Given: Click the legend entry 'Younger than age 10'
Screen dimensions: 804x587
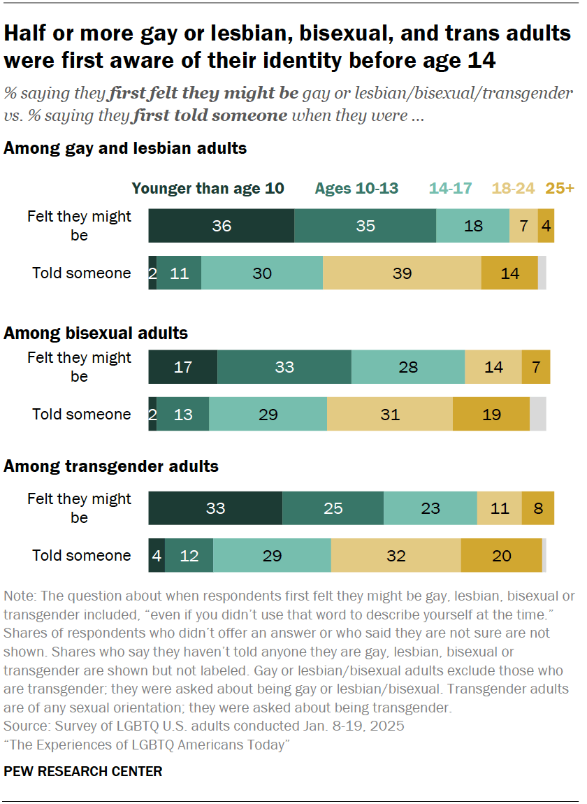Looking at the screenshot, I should [x=208, y=188].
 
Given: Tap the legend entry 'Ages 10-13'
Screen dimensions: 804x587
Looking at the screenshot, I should [x=356, y=188].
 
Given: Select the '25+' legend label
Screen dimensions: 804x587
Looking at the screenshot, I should [x=560, y=188].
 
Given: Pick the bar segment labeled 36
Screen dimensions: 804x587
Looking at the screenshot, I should [x=221, y=226].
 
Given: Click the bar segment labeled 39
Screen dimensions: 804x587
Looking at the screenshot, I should [x=402, y=273].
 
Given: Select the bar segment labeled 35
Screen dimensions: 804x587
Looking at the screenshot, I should [x=365, y=226].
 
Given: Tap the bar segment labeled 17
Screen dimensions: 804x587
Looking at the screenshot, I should [x=182, y=367].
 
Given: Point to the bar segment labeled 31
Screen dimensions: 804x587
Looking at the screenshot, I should [x=389, y=414].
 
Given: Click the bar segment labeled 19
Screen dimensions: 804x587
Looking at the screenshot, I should [x=491, y=414].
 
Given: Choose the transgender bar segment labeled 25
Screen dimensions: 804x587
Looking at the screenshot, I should [x=333, y=508].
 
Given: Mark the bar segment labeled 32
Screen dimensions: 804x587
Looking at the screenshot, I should [x=396, y=555].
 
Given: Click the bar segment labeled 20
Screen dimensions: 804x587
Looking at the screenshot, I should [x=501, y=555].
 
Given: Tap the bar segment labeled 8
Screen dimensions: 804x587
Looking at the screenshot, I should [x=537, y=508].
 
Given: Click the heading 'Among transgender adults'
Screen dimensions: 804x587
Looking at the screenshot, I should [x=111, y=466].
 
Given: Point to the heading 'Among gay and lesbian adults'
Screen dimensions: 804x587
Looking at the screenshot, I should [x=125, y=148].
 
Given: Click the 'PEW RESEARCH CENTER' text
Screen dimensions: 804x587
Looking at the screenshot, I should [x=83, y=771].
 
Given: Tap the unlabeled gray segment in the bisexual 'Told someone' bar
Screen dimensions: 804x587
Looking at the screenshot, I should [x=537, y=414].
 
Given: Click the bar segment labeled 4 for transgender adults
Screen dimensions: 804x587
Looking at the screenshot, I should [x=157, y=555].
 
